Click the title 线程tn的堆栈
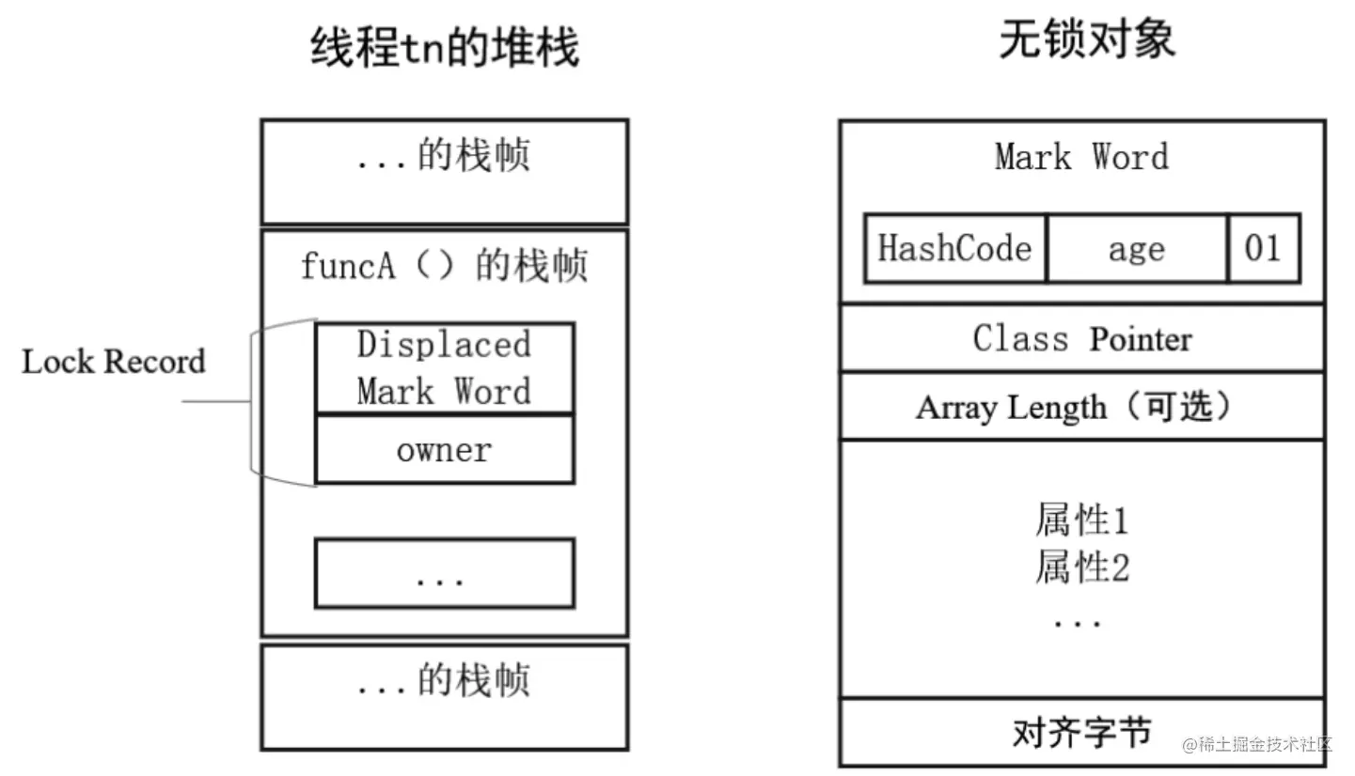click(444, 48)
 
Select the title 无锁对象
click(1086, 40)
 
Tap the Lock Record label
click(113, 362)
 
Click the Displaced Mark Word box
click(444, 368)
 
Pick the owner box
click(444, 450)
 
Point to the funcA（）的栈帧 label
click(444, 266)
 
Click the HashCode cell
click(954, 249)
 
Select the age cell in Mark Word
click(1136, 249)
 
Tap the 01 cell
click(1263, 249)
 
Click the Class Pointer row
click(1081, 338)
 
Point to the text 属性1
click(1081, 520)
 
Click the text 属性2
click(1081, 567)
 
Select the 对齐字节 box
click(1081, 733)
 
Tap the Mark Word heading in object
click(1081, 157)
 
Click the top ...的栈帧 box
click(444, 171)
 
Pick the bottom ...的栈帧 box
click(444, 696)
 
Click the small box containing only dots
click(444, 573)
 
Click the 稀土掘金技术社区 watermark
click(1257, 745)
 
